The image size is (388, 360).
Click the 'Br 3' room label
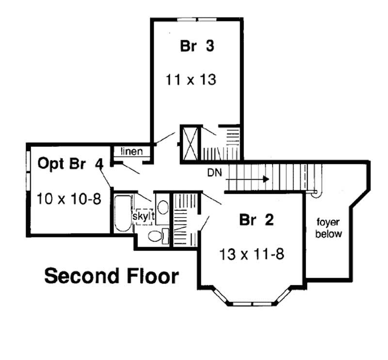click(x=197, y=47)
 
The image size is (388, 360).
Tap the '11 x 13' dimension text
click(x=191, y=79)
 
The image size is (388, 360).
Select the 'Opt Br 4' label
click(x=70, y=164)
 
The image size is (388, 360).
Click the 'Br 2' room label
click(x=257, y=220)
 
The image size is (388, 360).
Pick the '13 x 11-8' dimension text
click(x=251, y=253)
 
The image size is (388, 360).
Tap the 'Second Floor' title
click(x=112, y=276)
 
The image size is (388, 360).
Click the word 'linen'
click(x=131, y=151)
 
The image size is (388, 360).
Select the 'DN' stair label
click(x=215, y=172)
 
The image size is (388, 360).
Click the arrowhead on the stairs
click(x=265, y=179)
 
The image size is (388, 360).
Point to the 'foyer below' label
click(x=329, y=228)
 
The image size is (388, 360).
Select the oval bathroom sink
click(x=163, y=207)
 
